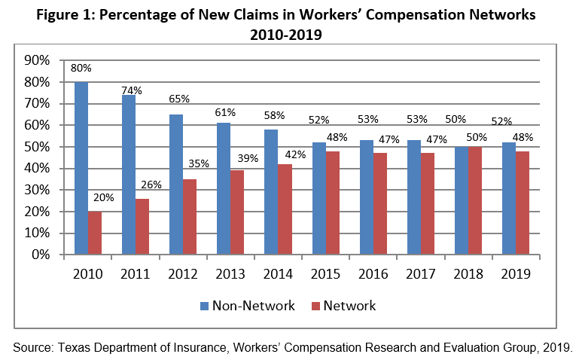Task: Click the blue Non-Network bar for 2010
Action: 81,168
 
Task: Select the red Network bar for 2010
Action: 94,233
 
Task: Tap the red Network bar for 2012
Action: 189,217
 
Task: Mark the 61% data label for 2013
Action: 224,112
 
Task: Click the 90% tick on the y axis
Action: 37,60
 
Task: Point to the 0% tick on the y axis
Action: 40,255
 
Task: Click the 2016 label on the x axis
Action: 373,274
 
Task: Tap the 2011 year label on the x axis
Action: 135,274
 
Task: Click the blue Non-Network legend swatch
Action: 204,306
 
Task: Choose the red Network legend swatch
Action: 316,306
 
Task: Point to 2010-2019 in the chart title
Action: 290,35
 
